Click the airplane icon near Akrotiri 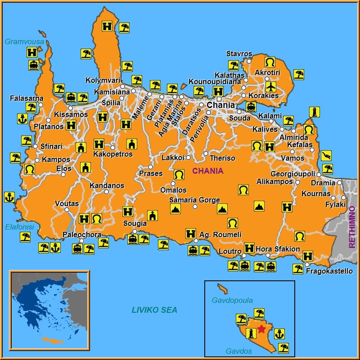click(270, 85)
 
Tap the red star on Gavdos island click(261, 329)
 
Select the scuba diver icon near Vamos click(326, 156)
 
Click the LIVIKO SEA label click(154, 310)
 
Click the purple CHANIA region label click(207, 171)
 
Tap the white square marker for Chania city click(219, 99)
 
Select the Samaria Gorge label click(194, 200)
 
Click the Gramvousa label click(24, 42)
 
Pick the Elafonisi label click(19, 227)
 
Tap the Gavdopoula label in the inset click(232, 301)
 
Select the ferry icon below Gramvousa click(33, 65)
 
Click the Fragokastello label click(329, 271)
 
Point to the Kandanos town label click(107, 185)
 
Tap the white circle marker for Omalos click(173, 183)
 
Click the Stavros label click(239, 54)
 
